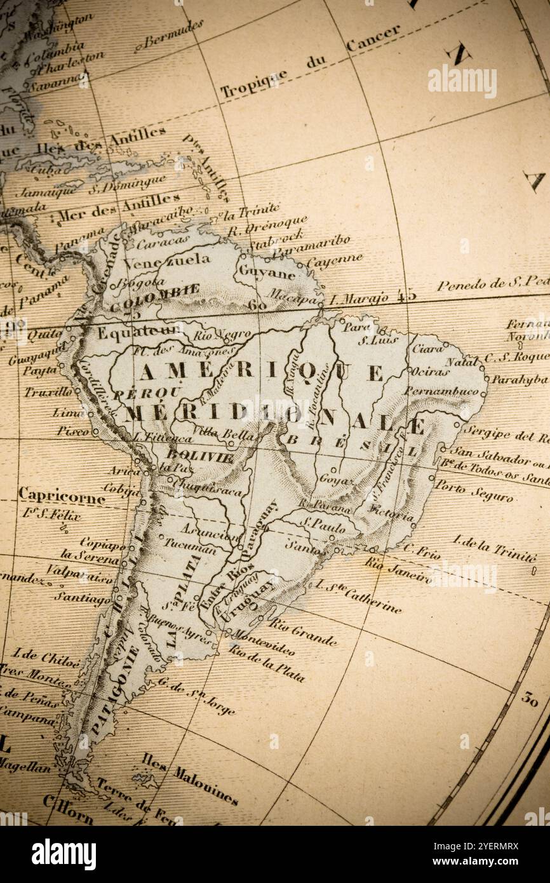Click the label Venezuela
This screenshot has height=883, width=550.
coord(166,261)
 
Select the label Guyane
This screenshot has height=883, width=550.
coord(267,272)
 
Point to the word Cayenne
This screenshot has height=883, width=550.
coord(334,261)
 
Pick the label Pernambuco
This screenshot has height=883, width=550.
coord(441,391)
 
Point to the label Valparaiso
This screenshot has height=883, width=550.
coord(81,574)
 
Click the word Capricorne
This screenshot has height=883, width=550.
coord(61,495)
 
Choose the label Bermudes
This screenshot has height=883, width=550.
coord(173,34)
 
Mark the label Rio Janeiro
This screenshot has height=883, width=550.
coord(398,570)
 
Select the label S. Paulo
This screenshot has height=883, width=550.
coord(324,526)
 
